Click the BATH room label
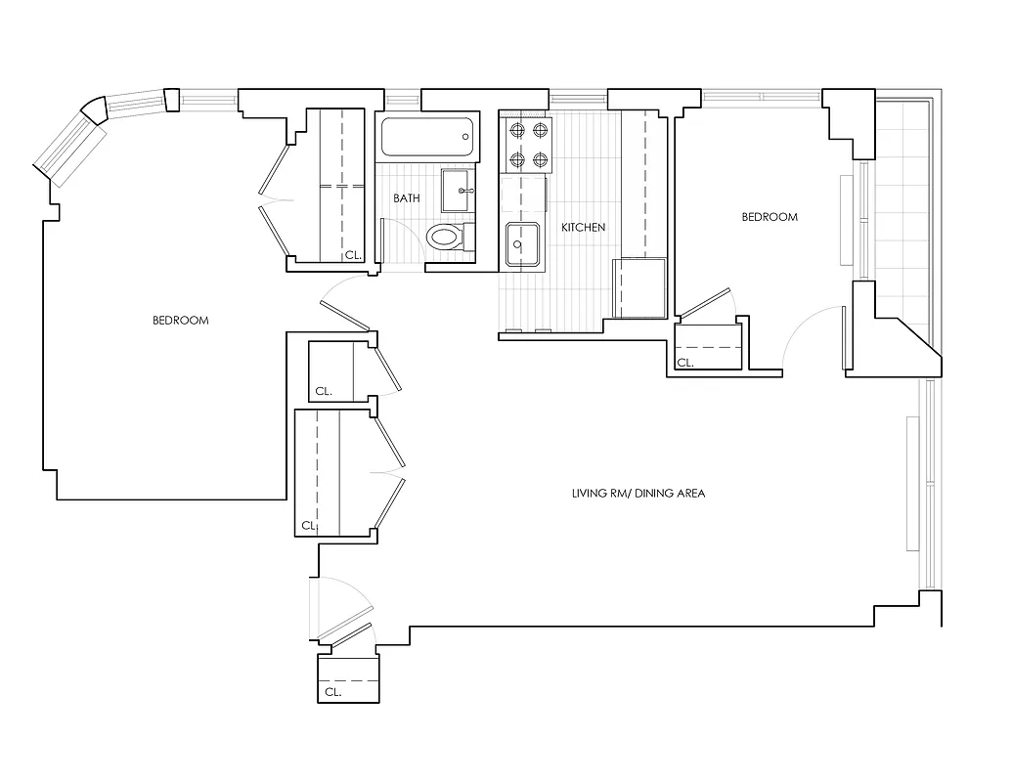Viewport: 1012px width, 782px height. coord(407,198)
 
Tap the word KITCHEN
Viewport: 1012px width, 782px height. coord(583,228)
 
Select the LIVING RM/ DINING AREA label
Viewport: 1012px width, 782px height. coord(638,494)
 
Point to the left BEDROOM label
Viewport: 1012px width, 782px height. coord(180,321)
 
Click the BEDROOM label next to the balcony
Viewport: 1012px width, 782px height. coord(769,217)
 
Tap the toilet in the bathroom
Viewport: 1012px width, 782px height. coord(448,236)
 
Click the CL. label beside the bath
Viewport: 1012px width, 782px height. coord(353,255)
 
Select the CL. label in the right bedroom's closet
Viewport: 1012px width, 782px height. coord(684,363)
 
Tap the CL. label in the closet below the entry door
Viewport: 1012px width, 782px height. coord(332,692)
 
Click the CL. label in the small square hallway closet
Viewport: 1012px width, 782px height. coord(323,391)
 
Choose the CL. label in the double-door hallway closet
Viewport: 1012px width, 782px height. coord(309,526)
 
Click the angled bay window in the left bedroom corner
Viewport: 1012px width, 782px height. coord(68,147)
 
